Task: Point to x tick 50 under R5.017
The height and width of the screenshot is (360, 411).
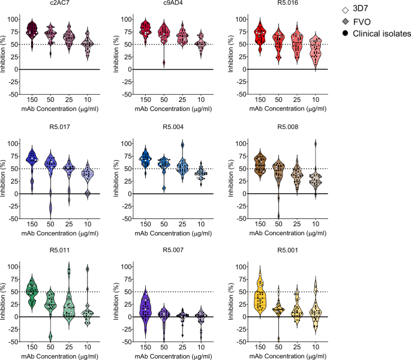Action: pyautogui.click(x=50, y=224)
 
